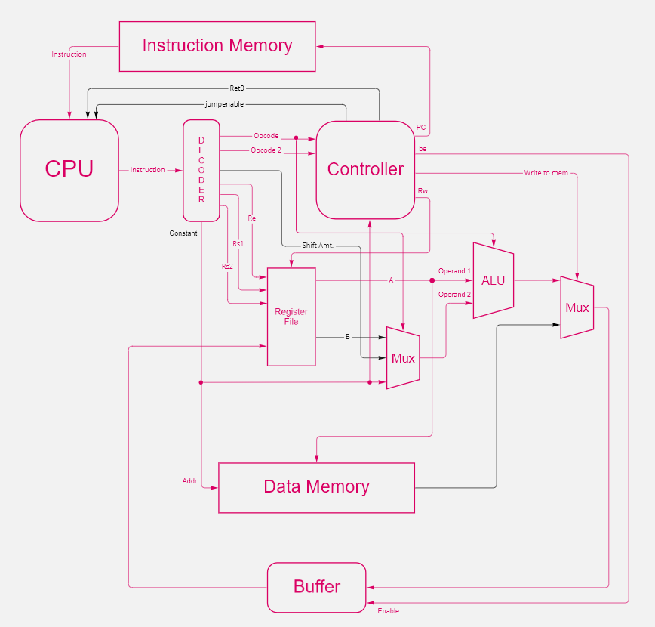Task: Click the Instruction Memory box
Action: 217,46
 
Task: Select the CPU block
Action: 69,170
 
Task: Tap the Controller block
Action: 365,170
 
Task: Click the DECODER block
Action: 201,170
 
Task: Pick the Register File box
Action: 291,317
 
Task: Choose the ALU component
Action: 493,280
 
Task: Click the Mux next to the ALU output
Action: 577,307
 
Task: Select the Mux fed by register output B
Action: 403,358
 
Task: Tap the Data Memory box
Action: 316,487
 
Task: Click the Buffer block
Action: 316,587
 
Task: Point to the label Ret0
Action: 237,88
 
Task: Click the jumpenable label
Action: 224,103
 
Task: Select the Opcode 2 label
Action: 266,150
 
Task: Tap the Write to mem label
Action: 546,173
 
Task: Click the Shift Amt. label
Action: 318,246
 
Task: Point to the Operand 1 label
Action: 454,270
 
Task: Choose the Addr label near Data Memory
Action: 189,480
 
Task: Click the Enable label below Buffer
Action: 388,610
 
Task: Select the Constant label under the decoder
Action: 183,233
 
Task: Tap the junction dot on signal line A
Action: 432,280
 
